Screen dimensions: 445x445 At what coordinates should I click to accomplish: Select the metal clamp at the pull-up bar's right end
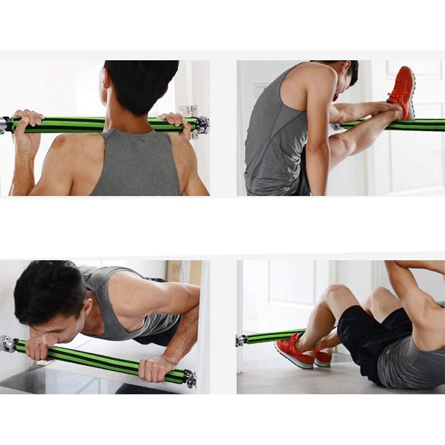pyautogui.click(x=202, y=125)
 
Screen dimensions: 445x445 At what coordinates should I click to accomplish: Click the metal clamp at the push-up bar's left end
pyautogui.click(x=7, y=343)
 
